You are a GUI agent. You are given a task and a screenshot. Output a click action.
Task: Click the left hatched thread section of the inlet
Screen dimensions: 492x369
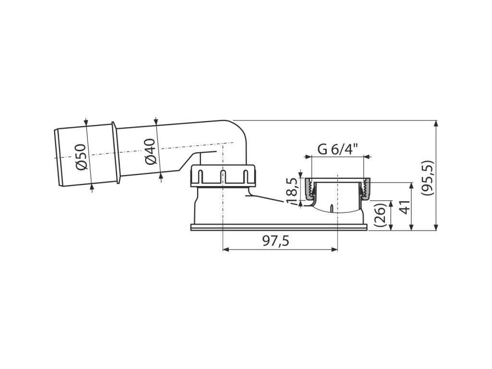308,189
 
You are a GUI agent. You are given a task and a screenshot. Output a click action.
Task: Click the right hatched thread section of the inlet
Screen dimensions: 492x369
366,189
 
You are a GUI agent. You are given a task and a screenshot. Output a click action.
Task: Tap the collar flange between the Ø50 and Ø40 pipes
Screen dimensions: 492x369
115,152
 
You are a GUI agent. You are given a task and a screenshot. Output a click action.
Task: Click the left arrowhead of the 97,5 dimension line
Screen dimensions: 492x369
226,249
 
